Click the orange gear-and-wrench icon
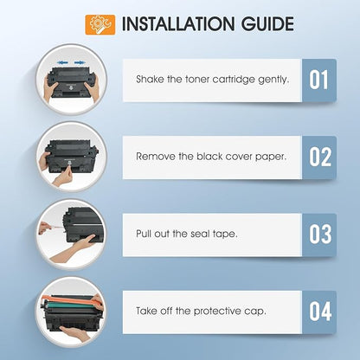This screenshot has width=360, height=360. coord(100,25)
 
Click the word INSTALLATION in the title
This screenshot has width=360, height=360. coord(178,24)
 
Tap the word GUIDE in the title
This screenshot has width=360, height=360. coord(267,24)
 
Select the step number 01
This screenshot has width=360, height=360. coord(318,80)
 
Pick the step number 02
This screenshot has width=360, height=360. coord(320,157)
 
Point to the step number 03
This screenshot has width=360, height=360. coord(320,234)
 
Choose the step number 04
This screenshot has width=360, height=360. coord(320,312)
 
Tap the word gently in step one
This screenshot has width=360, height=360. coord(273,80)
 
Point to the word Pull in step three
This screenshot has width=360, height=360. coord(143,234)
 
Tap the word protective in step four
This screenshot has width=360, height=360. coord(217,312)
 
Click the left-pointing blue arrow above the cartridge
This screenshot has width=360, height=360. coord(62,62)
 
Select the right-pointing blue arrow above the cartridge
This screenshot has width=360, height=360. coord(80,62)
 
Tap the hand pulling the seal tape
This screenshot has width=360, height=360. coord(45,228)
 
